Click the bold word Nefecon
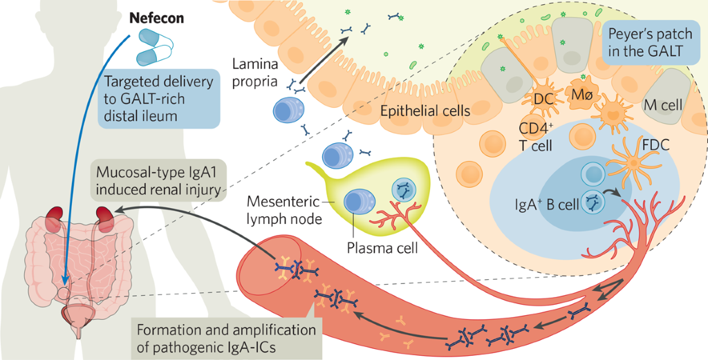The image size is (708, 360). point(158,18)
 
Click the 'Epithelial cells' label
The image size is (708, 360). point(425,111)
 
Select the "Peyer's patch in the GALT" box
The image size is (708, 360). point(644,43)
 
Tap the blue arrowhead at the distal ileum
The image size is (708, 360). point(63,281)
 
